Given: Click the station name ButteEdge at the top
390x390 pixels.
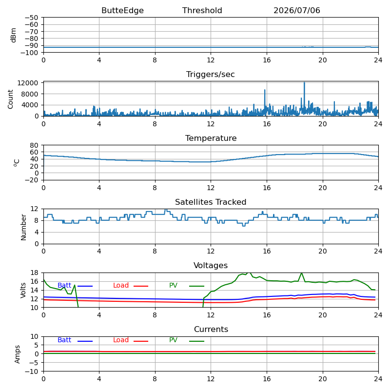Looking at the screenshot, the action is click(x=122, y=10).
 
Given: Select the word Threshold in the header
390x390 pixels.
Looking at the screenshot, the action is click(x=202, y=10).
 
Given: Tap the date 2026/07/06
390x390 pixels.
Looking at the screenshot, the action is click(x=297, y=10).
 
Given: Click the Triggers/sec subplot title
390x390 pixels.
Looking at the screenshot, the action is click(x=211, y=75).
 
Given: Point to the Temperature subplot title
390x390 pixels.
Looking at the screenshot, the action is click(x=211, y=138).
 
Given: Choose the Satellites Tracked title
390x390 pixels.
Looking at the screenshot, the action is click(x=211, y=202).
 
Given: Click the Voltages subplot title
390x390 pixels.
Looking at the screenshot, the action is click(x=211, y=265).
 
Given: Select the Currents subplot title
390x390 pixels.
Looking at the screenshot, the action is click(x=211, y=330).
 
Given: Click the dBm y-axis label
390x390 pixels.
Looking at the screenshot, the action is click(x=14, y=35).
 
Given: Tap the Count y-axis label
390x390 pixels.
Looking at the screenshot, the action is click(x=10, y=99).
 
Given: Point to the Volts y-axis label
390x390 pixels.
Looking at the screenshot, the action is click(x=23, y=290).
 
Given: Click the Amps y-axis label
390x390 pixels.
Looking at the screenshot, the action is click(x=17, y=354).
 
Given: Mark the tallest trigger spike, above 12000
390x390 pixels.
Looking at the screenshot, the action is click(x=304, y=83).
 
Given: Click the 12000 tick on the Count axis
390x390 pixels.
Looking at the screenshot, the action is click(x=28, y=83).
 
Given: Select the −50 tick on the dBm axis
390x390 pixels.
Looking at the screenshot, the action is click(x=31, y=18).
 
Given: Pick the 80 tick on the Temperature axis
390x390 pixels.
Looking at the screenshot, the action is click(x=34, y=145).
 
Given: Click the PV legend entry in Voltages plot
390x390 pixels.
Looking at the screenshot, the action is click(x=187, y=286).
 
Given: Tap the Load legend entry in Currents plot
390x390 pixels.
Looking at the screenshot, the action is click(x=131, y=340).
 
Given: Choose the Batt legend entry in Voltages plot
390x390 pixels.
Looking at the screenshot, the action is click(x=75, y=286).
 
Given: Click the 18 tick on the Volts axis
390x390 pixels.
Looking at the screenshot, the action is click(x=34, y=273).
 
